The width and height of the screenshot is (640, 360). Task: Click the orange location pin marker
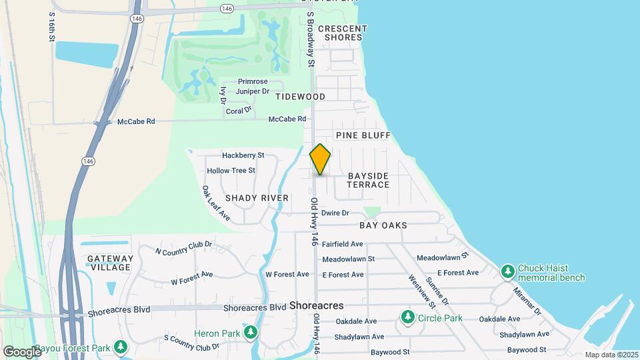click(320, 159)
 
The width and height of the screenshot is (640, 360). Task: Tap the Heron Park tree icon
click(251, 333)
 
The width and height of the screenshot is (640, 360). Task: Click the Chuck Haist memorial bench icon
click(508, 272)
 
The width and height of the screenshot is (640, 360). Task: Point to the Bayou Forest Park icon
click(120, 347)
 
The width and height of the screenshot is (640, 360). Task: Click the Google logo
click(21, 351)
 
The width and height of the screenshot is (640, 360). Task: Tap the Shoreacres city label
click(317, 305)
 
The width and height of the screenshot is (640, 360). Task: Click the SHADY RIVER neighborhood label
click(257, 198)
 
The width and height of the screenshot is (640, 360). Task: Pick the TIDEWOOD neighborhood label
click(301, 97)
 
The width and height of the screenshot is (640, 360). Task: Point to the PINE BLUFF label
click(363, 135)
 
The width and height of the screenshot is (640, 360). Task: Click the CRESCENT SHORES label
click(343, 33)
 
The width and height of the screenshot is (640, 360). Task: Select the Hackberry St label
click(243, 155)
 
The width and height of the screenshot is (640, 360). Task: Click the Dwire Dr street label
click(335, 213)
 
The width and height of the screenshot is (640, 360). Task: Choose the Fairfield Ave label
click(343, 245)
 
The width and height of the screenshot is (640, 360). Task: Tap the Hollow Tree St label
click(231, 171)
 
